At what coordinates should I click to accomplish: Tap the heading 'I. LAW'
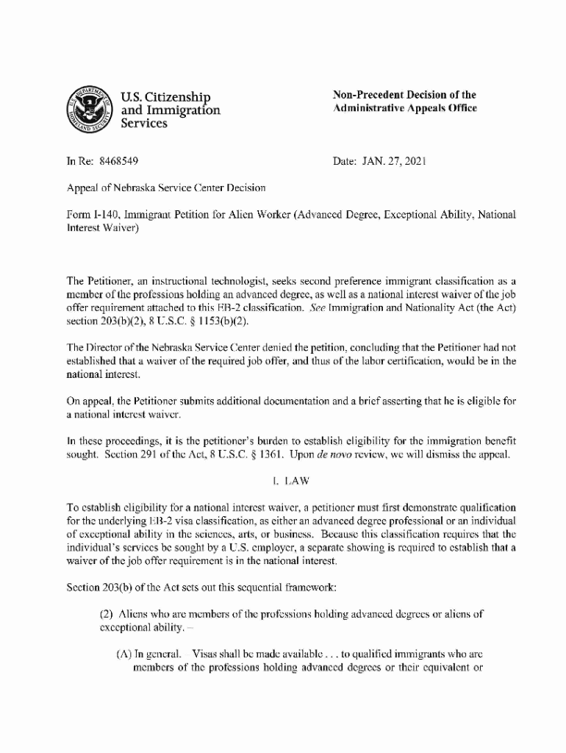pyautogui.click(x=291, y=482)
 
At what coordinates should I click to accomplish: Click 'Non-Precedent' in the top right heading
pyautogui.click(x=367, y=95)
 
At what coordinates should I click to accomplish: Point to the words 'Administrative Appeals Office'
pyautogui.click(x=404, y=108)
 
